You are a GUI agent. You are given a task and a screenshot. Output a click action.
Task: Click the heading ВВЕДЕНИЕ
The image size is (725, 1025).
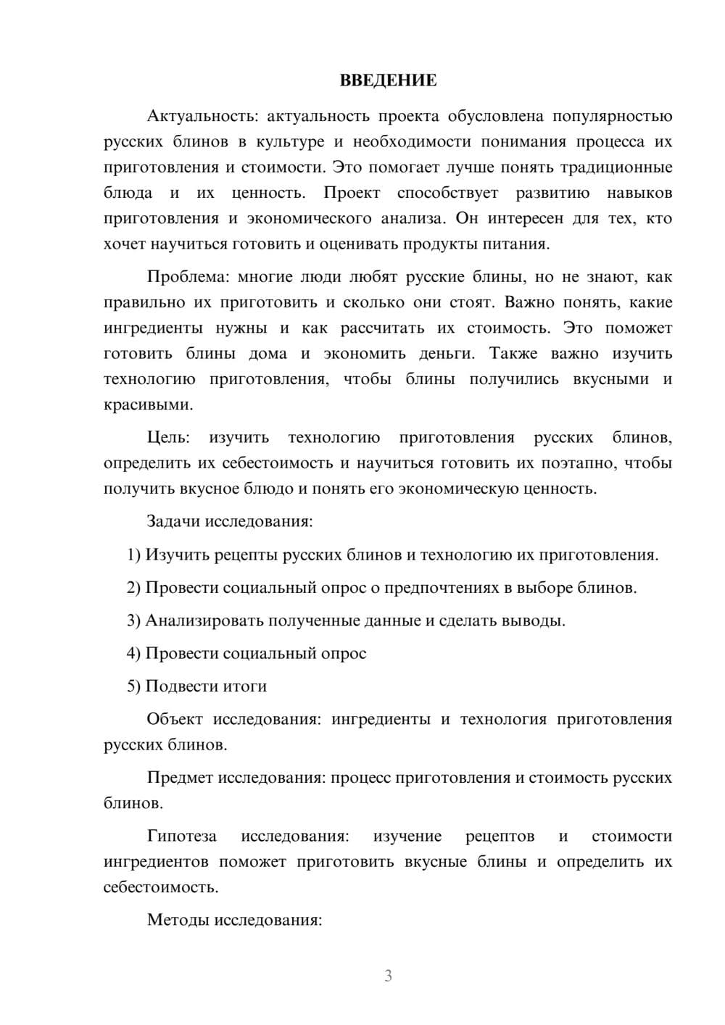[388, 80]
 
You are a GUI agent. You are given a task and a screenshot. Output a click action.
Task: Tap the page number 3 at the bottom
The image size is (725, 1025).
[388, 976]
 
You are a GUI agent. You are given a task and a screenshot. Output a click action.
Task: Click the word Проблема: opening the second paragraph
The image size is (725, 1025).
[182, 277]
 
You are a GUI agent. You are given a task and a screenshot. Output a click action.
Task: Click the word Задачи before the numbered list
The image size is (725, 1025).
[175, 522]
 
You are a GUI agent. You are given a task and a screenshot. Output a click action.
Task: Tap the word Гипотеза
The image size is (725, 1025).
[181, 837]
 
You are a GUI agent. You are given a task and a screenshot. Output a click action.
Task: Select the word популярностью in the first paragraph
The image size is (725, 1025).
[613, 116]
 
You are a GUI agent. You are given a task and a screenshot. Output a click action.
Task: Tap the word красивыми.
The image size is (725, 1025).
[149, 404]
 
